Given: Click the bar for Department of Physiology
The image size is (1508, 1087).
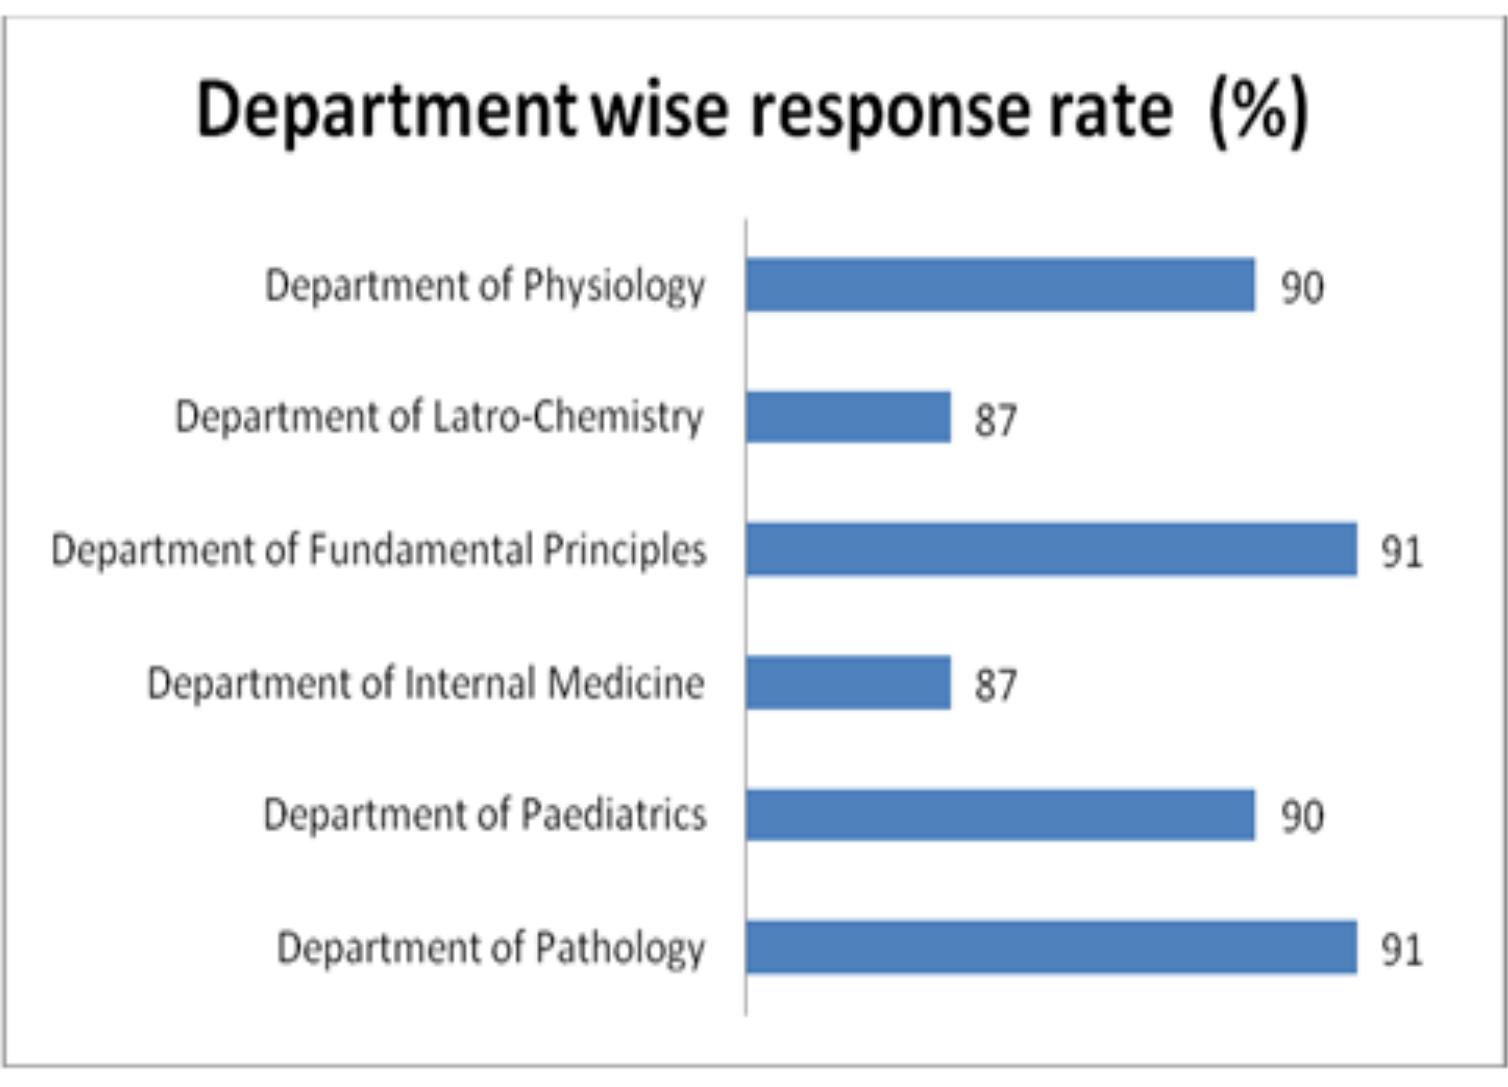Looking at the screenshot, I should click(1000, 285).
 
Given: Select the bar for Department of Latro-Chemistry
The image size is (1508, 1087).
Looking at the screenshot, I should click(848, 417).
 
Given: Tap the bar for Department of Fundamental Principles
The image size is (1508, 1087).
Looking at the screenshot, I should click(1051, 549).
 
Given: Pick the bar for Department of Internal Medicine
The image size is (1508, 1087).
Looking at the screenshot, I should click(848, 683).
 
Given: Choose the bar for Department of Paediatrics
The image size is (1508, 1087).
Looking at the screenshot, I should click(1000, 815).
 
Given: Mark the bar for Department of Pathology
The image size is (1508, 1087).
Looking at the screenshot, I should click(1051, 947).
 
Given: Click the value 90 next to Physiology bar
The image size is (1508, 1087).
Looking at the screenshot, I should click(1302, 288).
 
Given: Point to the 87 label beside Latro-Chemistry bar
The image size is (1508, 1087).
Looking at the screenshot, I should click(996, 420).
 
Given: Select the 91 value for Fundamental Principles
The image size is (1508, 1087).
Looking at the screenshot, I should click(1401, 552).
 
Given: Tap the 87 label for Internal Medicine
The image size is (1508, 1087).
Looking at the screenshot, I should click(996, 686).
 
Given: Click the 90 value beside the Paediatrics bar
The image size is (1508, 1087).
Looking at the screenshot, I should click(1302, 817).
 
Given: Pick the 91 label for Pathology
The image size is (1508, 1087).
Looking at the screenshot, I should click(1401, 950).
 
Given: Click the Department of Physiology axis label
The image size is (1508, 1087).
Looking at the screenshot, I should click(485, 287).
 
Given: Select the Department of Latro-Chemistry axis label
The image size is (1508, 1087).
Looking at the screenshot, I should click(439, 418).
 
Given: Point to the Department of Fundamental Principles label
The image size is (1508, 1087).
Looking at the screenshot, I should click(379, 551).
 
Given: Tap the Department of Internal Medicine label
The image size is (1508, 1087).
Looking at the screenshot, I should click(425, 684).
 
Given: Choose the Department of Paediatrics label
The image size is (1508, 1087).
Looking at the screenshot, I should click(485, 816).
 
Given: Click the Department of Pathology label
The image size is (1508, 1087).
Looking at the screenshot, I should click(491, 948).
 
